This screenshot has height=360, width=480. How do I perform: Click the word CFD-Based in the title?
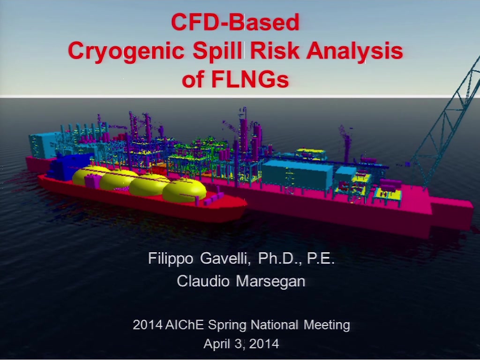point(235,22)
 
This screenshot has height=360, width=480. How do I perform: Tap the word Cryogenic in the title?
point(126,51)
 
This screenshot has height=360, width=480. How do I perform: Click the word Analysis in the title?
point(354,51)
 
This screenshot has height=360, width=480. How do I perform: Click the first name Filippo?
point(171,259)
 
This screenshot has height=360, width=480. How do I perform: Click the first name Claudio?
point(203,281)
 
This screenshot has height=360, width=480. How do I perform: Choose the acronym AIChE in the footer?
point(184,324)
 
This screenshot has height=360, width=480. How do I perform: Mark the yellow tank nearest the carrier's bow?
point(184,190)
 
